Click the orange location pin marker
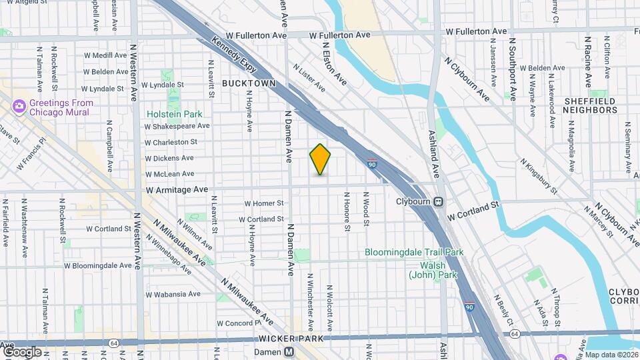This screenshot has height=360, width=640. coord(320,159)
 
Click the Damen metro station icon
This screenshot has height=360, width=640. coord(289,352)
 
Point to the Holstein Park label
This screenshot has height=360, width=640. coord(174,114)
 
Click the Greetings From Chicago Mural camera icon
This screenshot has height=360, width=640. coord(19,107)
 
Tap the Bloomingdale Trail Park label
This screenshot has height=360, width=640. coord(414,253)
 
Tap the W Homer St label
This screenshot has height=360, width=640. coord(264,203)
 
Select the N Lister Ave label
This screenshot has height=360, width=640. coord(309,77)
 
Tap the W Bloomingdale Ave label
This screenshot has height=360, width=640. coord(98,265)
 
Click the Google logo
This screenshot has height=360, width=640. coord(22,351)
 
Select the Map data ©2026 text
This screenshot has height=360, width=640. coord(611,355)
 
